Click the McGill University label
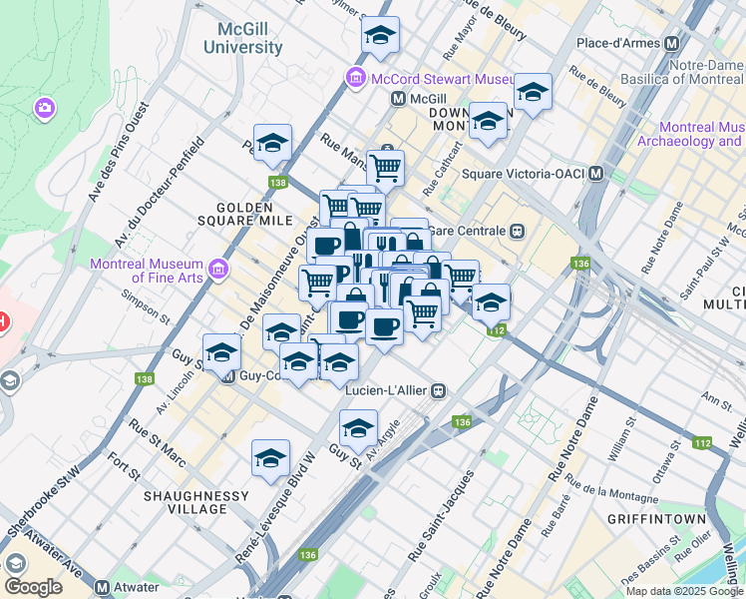pyautogui.click(x=242, y=38)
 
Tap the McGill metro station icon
pyautogui.click(x=398, y=99)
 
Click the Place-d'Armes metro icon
pyautogui.click(x=671, y=44)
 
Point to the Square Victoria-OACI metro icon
pyautogui.click(x=596, y=173)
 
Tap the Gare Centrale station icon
pyautogui.click(x=517, y=231)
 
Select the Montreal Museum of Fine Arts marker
pyautogui.click(x=218, y=269)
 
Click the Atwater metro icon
pyautogui.click(x=102, y=588)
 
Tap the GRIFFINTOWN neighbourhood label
pyautogui.click(x=656, y=519)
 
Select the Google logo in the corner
pyautogui.click(x=33, y=587)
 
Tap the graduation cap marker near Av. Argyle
pyautogui.click(x=358, y=430)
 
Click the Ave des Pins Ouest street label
pyautogui.click(x=118, y=150)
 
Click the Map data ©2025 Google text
pyautogui.click(x=683, y=591)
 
